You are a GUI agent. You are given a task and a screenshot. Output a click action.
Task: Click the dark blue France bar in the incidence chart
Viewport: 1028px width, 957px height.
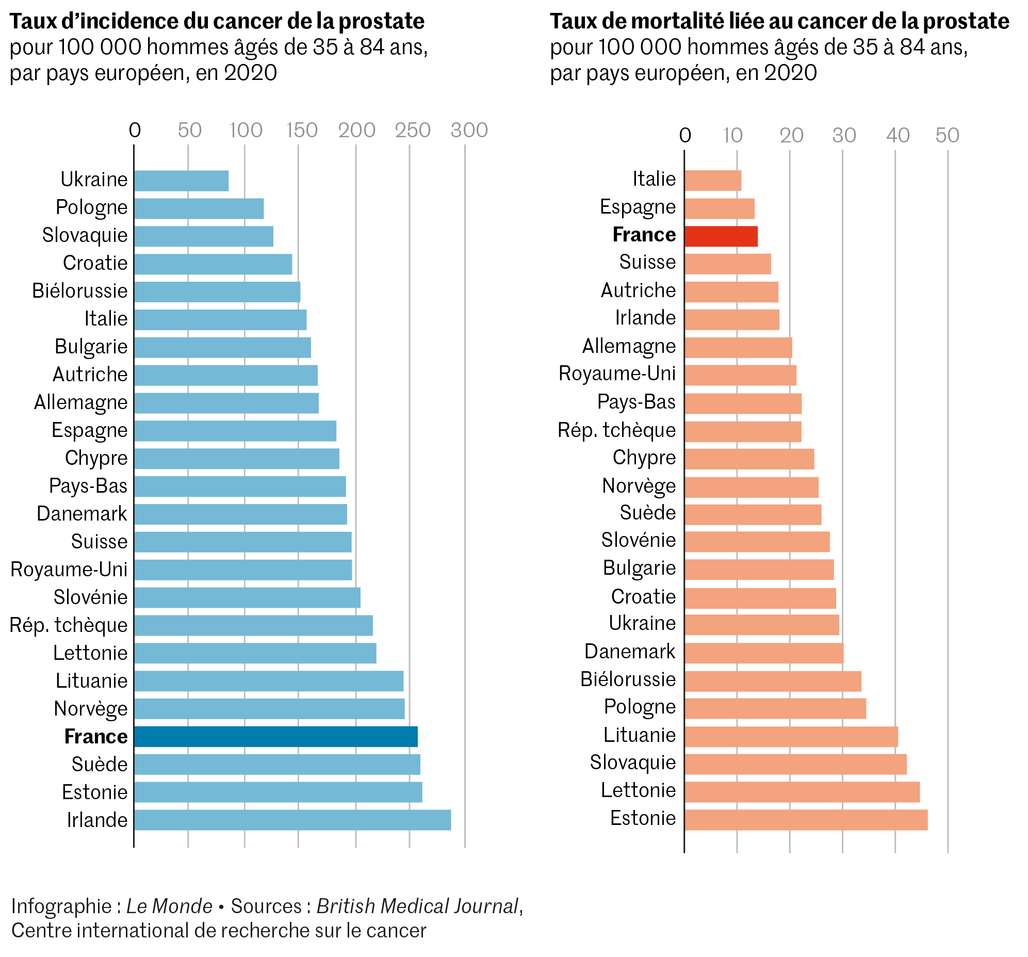(275, 737)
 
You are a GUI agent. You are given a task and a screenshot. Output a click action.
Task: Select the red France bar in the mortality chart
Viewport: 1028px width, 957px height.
(721, 236)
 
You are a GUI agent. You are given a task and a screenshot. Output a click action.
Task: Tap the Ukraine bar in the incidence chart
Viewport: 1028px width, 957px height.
(181, 181)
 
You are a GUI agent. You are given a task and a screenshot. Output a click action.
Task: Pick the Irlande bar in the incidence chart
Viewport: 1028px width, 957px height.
(292, 820)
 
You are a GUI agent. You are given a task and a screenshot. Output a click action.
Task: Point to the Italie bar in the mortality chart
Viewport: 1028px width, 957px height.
(712, 181)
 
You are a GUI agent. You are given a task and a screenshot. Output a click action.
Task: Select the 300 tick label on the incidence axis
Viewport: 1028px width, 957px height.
(469, 131)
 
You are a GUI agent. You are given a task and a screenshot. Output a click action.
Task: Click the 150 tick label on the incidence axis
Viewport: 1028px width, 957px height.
(302, 131)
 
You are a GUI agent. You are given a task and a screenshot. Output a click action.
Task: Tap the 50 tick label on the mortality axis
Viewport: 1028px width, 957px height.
(948, 136)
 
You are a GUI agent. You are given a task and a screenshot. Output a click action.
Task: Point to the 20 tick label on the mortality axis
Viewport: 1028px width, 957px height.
(791, 136)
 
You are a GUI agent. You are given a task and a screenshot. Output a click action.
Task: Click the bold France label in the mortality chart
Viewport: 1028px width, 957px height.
(644, 235)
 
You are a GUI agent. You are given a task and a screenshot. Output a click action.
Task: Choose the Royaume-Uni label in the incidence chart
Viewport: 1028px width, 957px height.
(69, 570)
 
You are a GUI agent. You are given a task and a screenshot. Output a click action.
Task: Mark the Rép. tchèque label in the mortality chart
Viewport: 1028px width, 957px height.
(616, 430)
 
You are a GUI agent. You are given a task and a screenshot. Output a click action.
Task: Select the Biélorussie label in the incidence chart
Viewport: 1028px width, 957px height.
(79, 291)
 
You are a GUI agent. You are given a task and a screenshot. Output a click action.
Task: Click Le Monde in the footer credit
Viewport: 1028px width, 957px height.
(169, 906)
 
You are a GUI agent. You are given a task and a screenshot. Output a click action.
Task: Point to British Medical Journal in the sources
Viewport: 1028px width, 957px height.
(417, 906)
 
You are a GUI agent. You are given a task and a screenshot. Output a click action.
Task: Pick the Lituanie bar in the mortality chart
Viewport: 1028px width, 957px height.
(791, 737)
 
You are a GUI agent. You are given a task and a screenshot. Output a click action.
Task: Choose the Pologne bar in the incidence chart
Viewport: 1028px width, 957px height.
(199, 208)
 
